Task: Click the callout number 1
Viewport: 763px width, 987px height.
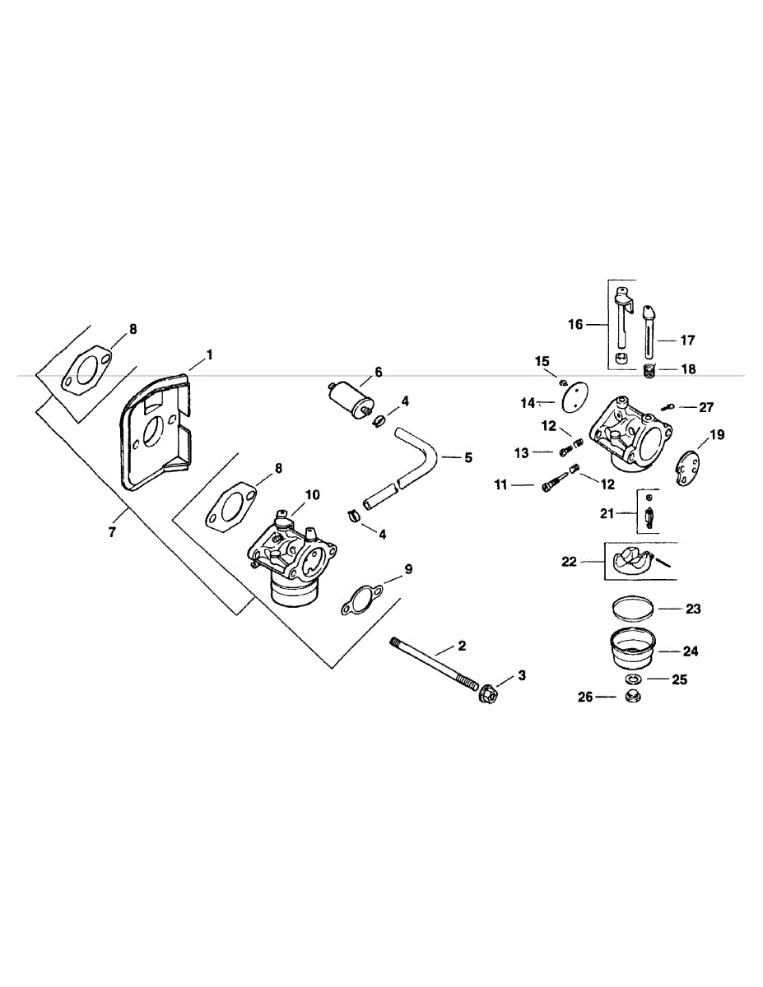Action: (209, 354)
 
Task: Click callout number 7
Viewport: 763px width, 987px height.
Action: (112, 532)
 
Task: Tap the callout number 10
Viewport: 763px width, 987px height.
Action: (311, 494)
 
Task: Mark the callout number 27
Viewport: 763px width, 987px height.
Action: (707, 406)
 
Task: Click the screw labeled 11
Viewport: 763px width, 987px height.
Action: (549, 487)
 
